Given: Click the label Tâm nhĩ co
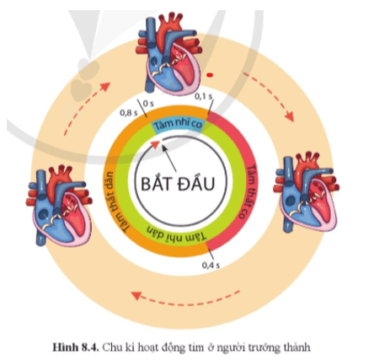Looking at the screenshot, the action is coord(179,124).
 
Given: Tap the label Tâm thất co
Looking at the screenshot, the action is coord(246,191).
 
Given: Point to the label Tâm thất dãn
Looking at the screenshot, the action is coord(115,201).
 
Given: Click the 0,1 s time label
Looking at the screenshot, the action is coord(204,96).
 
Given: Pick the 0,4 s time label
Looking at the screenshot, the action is coord(211,265).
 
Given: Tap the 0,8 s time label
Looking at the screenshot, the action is coord(129,113).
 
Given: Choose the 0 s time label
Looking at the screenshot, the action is coord(148,104).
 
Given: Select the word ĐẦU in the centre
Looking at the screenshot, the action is coord(196,183).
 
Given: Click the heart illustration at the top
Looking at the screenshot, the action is coord(169,52).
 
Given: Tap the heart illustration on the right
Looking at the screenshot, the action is coord(307,191).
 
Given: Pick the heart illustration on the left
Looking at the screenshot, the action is coord(59,206).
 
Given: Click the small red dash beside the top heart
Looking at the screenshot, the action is coord(210,75).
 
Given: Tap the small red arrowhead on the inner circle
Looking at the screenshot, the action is coord(155,144).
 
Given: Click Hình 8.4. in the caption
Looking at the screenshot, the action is coord(76,347).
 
